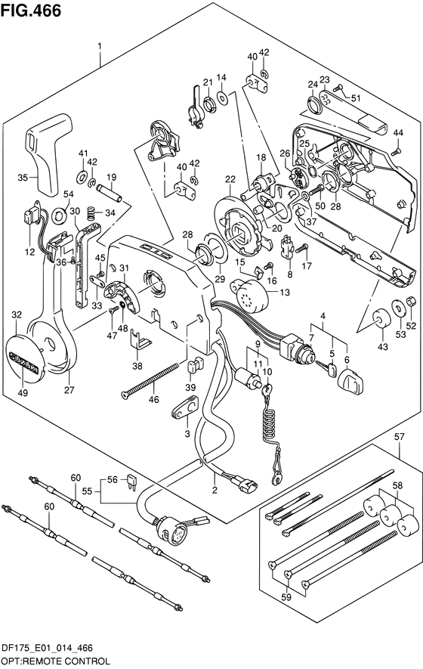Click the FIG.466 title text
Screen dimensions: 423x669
[31, 11]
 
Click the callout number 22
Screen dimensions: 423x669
[230, 180]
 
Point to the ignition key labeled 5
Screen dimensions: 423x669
[326, 367]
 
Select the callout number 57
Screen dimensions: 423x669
[399, 436]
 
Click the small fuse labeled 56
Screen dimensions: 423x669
[132, 482]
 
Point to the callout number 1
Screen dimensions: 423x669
[100, 45]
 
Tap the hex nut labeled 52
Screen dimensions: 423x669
[411, 301]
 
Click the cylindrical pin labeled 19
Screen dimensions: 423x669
[109, 193]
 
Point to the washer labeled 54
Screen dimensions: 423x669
[59, 216]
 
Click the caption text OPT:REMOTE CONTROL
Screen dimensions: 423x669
[55, 661]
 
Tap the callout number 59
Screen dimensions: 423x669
[286, 597]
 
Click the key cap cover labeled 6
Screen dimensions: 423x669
[351, 381]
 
